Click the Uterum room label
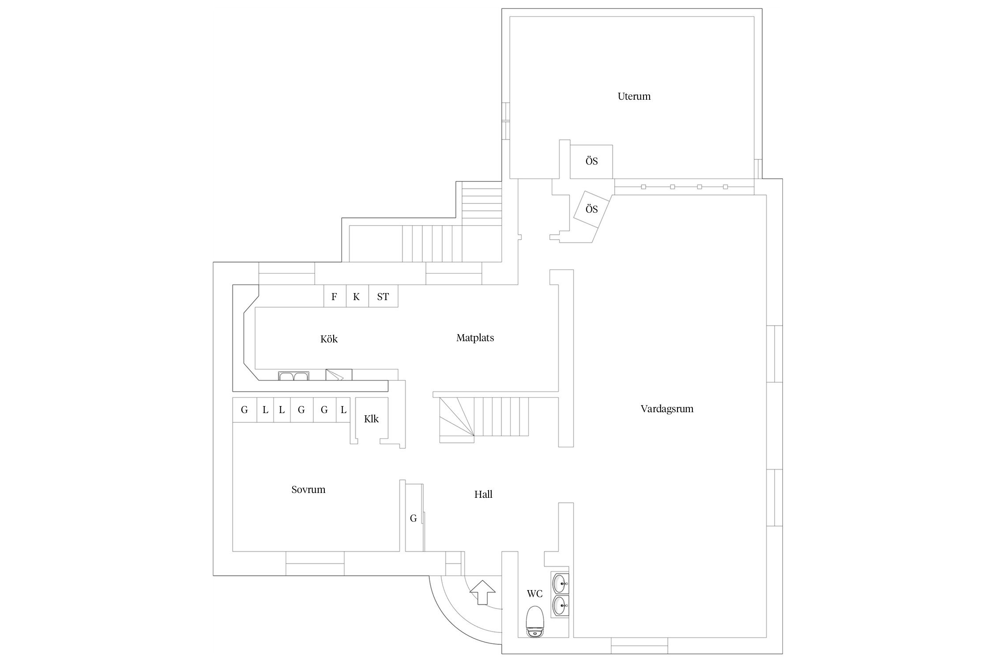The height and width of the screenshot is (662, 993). [634, 96]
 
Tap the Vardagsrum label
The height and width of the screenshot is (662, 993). [666, 409]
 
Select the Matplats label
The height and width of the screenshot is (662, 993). [475, 338]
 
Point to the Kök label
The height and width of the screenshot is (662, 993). [329, 339]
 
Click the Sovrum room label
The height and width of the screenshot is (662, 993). [308, 489]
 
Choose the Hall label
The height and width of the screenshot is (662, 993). [483, 494]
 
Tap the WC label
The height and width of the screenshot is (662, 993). [534, 594]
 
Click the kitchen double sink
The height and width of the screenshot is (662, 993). [293, 376]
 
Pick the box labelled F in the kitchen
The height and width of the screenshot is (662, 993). [335, 297]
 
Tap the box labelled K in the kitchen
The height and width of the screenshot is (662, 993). [357, 297]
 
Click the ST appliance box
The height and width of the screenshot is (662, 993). [383, 297]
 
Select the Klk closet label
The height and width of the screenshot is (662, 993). [371, 419]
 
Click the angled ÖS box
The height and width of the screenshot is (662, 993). [591, 209]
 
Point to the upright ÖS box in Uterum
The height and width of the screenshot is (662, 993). [591, 162]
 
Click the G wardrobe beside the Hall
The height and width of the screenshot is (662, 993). [414, 518]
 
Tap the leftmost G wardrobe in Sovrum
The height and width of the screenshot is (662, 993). [244, 410]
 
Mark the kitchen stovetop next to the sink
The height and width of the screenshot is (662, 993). [339, 375]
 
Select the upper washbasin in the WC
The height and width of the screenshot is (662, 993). [560, 583]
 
